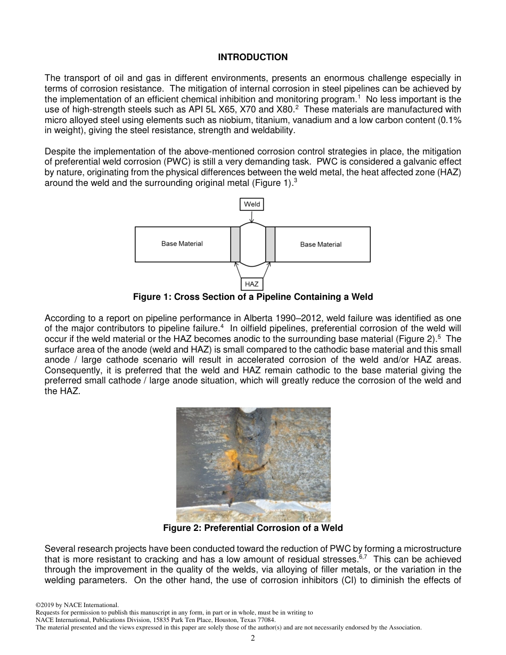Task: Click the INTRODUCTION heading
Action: pyautogui.click(x=252, y=57)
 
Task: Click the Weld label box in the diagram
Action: pyautogui.click(x=252, y=204)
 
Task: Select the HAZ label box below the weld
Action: pyautogui.click(x=252, y=284)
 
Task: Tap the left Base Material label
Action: pyautogui.click(x=182, y=243)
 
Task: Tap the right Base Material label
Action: pyautogui.click(x=321, y=244)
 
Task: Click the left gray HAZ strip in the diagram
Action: pyautogui.click(x=235, y=244)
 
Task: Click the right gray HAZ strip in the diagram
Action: pyautogui.click(x=270, y=244)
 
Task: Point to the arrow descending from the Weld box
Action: pyautogui.click(x=252, y=216)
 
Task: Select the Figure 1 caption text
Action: pyautogui.click(x=252, y=297)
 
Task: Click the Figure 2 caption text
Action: pyautogui.click(x=252, y=528)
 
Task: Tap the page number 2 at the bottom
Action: pyautogui.click(x=253, y=638)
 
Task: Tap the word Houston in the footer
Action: pyautogui.click(x=214, y=620)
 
